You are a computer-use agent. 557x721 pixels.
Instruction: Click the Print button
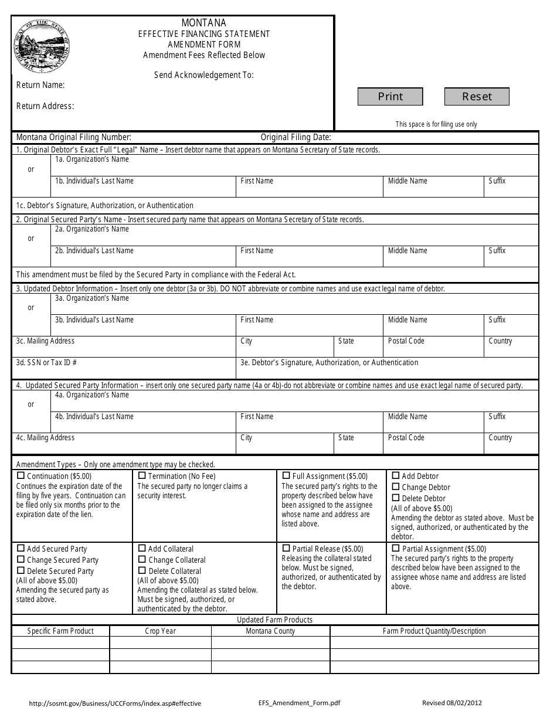coord(390,97)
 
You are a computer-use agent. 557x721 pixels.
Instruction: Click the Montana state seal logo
coord(42,45)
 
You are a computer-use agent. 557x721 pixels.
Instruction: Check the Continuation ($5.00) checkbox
coord(21,476)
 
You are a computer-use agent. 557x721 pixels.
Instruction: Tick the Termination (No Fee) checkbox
coord(142,476)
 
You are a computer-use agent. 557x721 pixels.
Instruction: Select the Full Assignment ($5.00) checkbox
coord(286,475)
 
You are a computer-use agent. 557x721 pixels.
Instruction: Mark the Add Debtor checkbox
coord(396,476)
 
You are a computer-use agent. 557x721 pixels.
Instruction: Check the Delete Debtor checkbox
coord(396,498)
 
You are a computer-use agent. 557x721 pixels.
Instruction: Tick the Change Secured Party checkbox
coord(21,559)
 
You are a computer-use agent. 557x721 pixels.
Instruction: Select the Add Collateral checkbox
coord(142,548)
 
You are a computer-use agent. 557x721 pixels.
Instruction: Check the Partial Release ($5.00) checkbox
coord(286,548)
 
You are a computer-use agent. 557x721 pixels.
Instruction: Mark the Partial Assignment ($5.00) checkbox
coord(396,548)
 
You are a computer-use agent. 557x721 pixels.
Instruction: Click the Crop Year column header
coord(160,631)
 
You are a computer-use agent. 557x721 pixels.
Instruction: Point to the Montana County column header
coord(270,631)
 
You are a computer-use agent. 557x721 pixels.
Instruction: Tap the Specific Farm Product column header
coord(60,631)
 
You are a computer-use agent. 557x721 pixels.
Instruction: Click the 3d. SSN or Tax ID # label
coord(46,363)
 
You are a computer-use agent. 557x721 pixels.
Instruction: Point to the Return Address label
coord(45,106)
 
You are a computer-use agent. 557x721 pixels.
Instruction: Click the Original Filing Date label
coord(296,137)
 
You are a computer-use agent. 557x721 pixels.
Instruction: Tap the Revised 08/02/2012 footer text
coord(452,703)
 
